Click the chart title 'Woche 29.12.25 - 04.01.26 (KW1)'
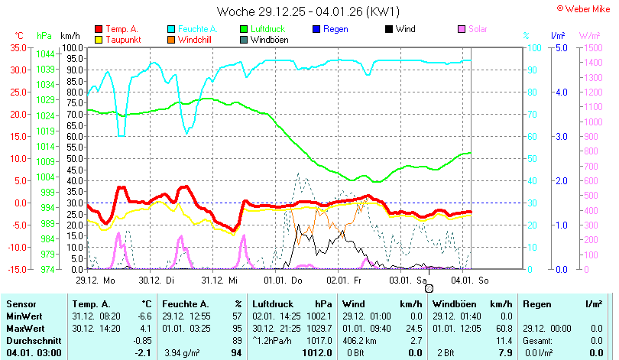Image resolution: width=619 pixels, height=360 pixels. (308, 11)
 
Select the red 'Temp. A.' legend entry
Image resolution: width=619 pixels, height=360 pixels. (116, 29)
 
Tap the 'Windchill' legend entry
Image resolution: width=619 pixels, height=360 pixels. (190, 40)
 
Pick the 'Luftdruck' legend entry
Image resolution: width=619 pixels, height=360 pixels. (263, 29)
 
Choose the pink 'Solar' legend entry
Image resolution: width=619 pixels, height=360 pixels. (472, 29)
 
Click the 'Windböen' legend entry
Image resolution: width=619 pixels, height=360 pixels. (264, 40)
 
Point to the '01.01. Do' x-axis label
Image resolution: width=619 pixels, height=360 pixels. (283, 281)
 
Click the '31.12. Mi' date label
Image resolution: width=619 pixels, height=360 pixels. (219, 281)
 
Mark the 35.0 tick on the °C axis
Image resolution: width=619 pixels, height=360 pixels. (18, 47)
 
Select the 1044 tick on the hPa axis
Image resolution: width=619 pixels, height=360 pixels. (45, 54)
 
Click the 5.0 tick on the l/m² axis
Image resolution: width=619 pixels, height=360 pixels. (562, 47)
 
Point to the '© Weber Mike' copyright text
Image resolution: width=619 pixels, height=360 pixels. (584, 8)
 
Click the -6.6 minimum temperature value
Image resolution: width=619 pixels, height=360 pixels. (144, 316)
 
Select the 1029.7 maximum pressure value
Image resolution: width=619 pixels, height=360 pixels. (319, 329)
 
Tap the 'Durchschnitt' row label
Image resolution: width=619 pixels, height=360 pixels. (34, 341)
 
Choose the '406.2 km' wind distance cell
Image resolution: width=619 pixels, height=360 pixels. (359, 341)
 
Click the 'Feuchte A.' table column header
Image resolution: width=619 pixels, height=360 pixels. (186, 304)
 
